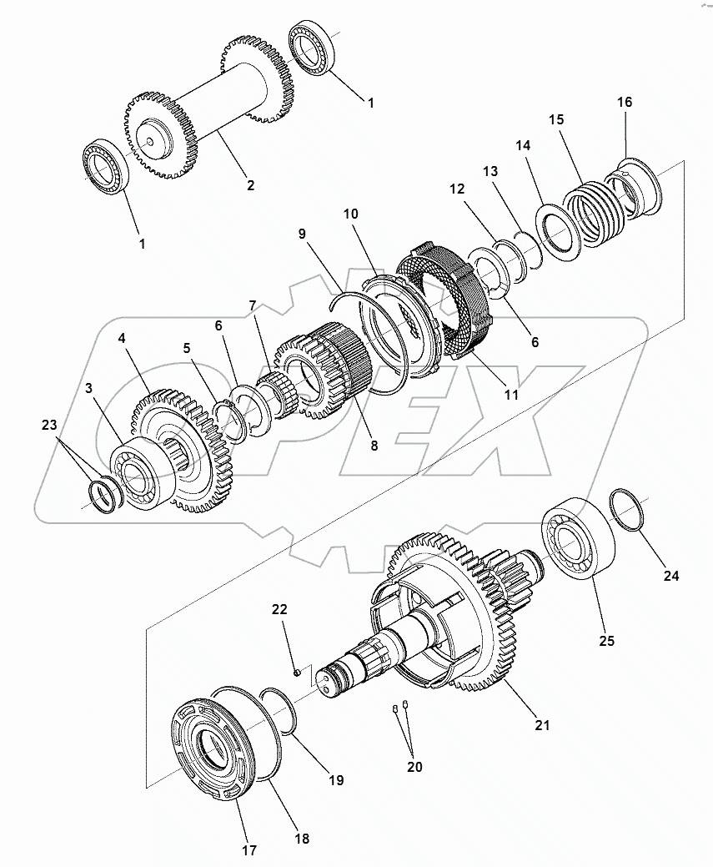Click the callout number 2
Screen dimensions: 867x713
[250, 185]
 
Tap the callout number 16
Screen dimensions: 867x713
[625, 102]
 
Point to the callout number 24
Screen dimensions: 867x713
[671, 576]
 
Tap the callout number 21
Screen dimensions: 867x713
[543, 725]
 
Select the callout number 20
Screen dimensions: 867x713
[414, 767]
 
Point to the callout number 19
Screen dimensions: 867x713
[335, 781]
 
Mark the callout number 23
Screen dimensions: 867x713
[49, 425]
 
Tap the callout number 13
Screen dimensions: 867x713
[490, 170]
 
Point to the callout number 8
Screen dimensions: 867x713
[374, 446]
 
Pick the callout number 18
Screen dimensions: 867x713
[303, 839]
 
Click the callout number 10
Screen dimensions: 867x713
[351, 214]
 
